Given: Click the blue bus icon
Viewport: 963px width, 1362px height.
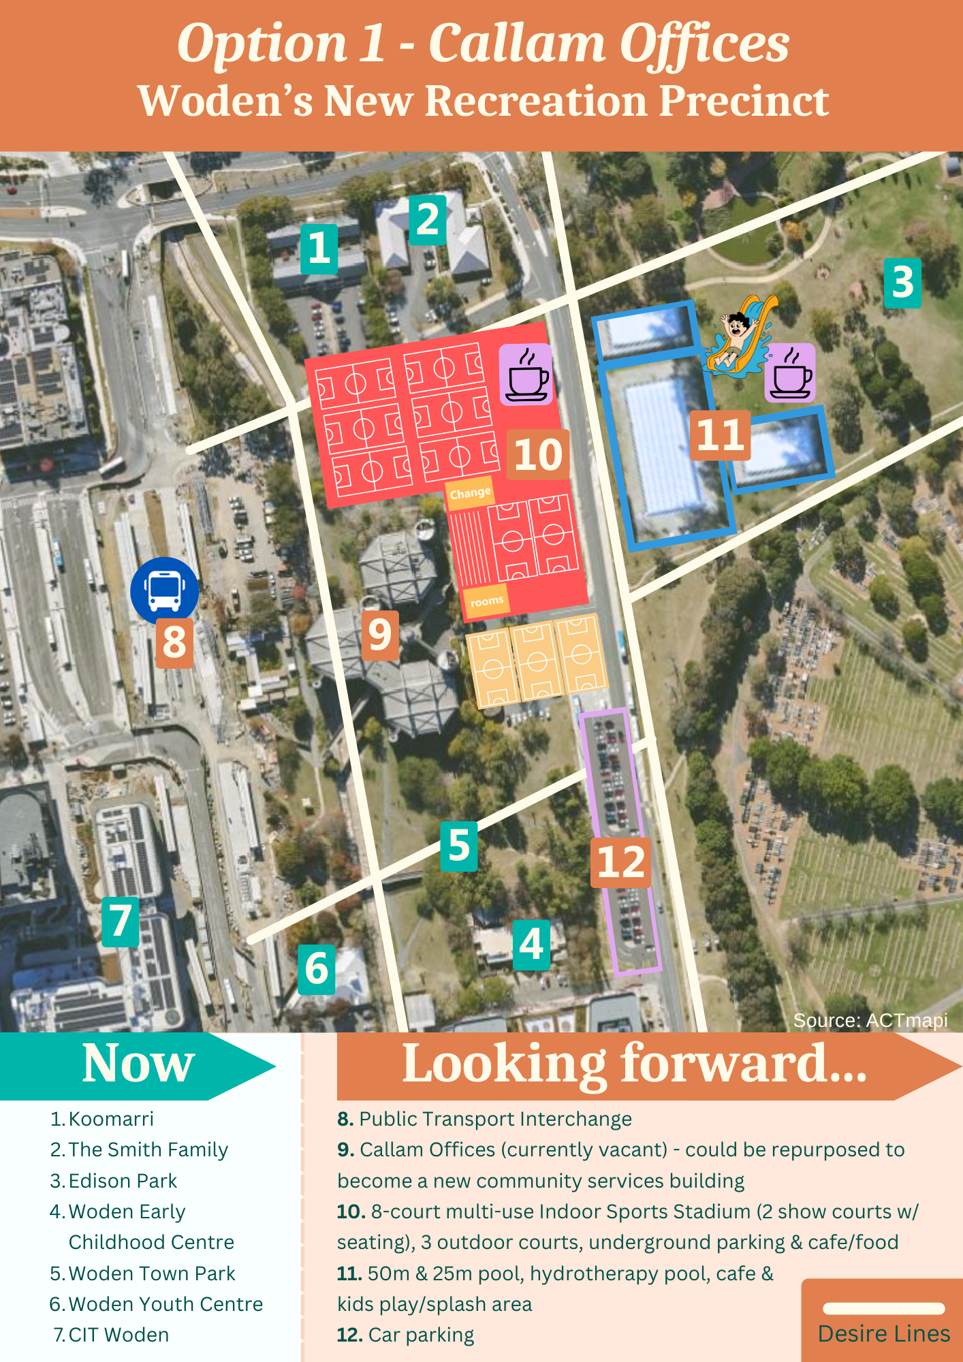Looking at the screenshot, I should pos(164,590).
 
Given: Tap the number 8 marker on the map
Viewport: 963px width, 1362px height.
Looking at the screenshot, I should pos(174,642).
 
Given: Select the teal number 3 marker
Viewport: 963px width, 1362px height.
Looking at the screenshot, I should pos(902,283).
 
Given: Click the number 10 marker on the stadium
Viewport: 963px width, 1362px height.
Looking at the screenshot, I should pos(537,454).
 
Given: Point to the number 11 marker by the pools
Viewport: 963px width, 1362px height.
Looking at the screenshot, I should pos(720,435).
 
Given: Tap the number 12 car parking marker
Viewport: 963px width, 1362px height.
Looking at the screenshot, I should pos(620,863).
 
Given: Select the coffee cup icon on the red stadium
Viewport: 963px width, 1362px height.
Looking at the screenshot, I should pos(526,375).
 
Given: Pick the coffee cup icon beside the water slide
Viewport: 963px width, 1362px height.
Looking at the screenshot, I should pos(790,373).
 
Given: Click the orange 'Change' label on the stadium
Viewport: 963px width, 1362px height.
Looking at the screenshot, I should pos(470,492).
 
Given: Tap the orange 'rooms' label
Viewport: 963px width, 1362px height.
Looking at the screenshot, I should pos(486,601).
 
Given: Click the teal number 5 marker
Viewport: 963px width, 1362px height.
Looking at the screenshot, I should pos(458,846).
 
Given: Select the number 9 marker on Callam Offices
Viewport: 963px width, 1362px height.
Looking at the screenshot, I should pos(379,635).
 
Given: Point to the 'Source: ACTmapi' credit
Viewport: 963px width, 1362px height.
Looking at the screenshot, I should pos(870,1020).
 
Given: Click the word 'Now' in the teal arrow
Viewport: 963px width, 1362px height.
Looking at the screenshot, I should pos(138,1064).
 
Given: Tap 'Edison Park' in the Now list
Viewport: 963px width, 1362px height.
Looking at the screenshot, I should pos(123,1180).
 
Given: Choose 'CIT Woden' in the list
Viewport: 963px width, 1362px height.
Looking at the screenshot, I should pos(119,1335).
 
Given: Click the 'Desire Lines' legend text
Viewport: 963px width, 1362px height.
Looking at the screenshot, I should pos(883,1333).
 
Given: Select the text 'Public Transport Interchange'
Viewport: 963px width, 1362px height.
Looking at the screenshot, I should pos(495,1119).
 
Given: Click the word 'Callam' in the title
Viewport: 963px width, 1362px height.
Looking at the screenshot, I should pos(516,44).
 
